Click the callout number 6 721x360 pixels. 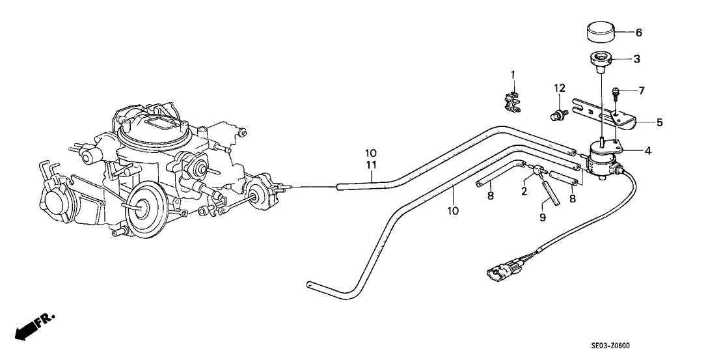tap(638, 33)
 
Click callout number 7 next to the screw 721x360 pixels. tap(642, 91)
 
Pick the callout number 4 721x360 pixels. tap(647, 152)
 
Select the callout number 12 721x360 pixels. tap(560, 88)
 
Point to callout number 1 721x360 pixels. tap(512, 76)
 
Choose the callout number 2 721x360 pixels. tap(523, 190)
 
